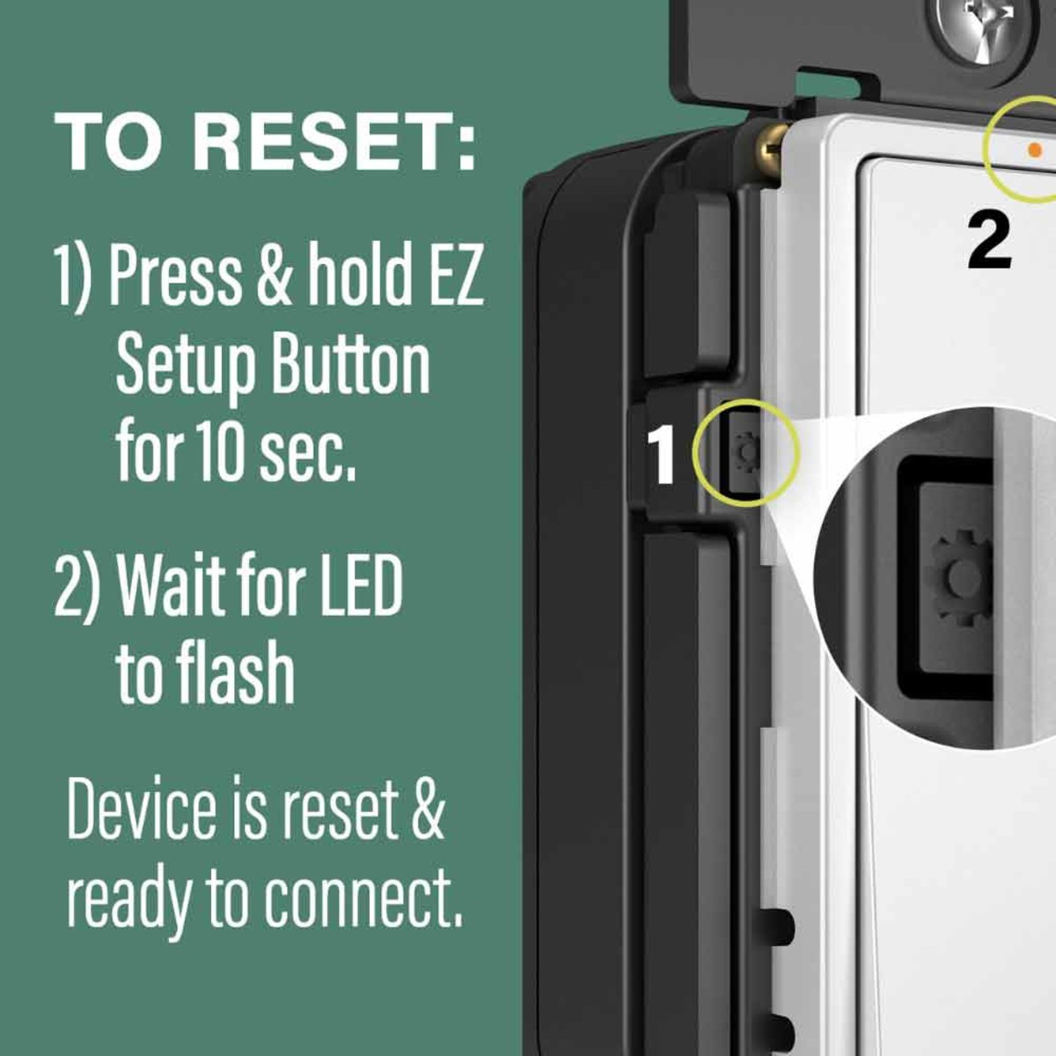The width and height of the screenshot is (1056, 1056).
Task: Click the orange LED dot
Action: [x=1035, y=150]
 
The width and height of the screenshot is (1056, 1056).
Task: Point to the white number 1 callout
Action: [x=662, y=455]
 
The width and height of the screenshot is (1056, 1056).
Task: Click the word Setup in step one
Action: [x=185, y=368]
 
